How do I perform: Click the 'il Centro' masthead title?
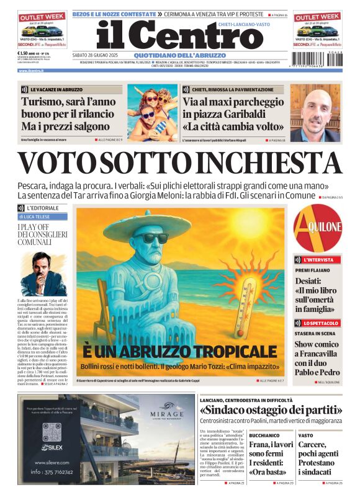coord(181,37)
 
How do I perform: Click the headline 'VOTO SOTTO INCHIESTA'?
coord(180,163)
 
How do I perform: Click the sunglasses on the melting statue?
coord(151,237)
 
